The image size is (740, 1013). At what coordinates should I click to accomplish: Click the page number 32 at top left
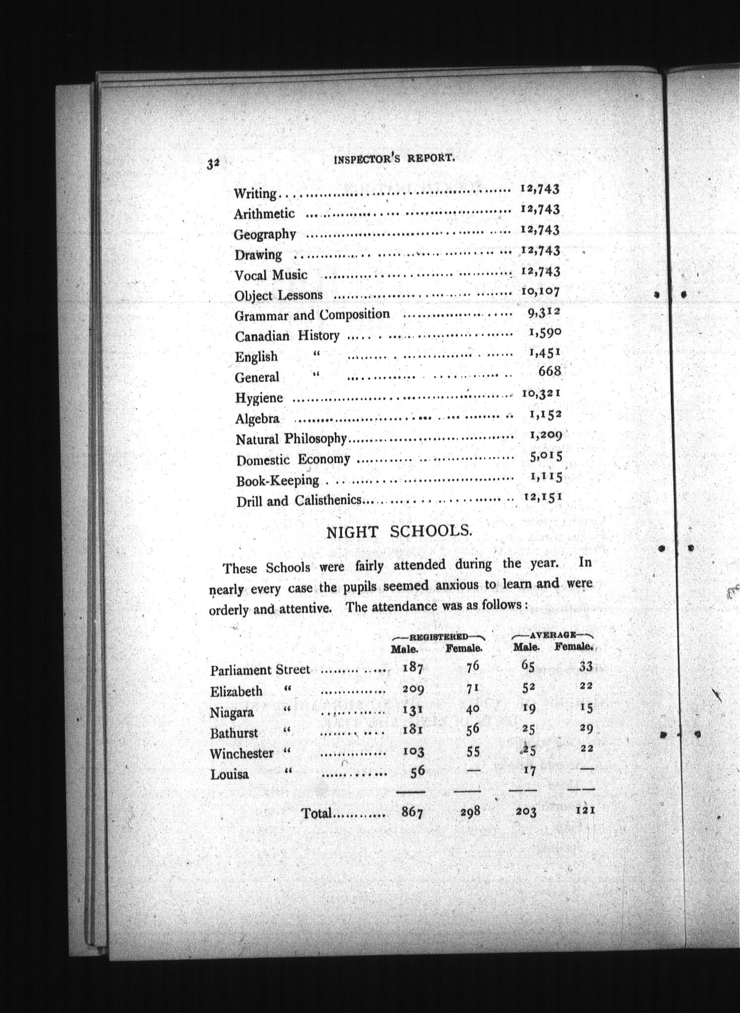point(213,164)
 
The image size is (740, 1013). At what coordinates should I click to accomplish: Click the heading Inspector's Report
point(394,158)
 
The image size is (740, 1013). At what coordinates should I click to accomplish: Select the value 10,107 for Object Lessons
point(540,291)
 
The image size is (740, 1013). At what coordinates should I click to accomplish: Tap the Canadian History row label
point(287,336)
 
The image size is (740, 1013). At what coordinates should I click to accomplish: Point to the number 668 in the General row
point(549,370)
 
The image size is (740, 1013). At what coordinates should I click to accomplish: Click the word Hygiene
point(259,398)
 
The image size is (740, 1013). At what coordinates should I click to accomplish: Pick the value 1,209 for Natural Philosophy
point(546,435)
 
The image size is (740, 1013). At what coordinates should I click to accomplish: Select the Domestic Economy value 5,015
point(546,456)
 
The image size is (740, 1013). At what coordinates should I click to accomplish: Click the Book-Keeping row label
point(277,480)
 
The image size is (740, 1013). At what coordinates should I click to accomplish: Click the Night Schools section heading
point(399,532)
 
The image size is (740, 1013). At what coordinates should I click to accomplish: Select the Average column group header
point(552,635)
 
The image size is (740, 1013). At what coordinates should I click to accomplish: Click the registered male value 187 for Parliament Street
point(413,668)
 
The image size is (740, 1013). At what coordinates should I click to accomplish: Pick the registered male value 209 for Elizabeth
point(413,689)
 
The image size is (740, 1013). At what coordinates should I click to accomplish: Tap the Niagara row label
point(231,712)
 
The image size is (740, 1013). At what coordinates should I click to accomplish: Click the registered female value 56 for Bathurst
point(472,729)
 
